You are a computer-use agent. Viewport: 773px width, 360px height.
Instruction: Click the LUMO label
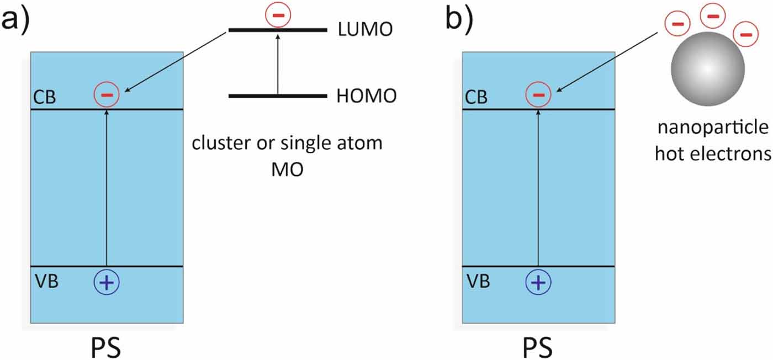365,30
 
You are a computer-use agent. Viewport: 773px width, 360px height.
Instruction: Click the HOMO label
366,96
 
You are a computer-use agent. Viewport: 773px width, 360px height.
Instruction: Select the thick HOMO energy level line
277,96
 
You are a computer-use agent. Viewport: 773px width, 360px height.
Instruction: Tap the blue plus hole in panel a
107,282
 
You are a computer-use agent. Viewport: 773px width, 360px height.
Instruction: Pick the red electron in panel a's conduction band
107,94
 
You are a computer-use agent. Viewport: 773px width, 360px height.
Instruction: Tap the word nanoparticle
712,129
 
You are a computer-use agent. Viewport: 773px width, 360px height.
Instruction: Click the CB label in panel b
476,98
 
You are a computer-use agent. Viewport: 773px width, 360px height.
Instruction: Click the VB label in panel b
476,281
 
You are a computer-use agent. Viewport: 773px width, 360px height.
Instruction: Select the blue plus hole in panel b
538,282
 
